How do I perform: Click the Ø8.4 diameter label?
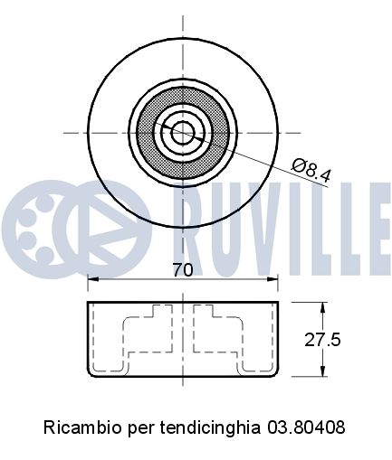coord(311,171)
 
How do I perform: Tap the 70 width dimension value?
coord(182,269)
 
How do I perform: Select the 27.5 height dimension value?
coord(322,340)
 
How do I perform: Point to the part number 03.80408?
coord(306,427)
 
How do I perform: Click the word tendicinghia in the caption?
coord(210,427)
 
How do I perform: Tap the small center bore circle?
coord(183,133)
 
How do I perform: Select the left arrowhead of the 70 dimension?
coord(93,279)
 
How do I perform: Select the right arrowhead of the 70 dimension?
coord(272,279)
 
